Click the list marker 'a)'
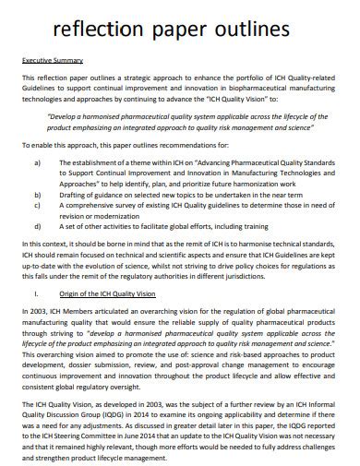tap(38, 162)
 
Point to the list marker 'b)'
tap(38, 196)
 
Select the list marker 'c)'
tap(38, 207)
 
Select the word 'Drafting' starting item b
tap(78, 196)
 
